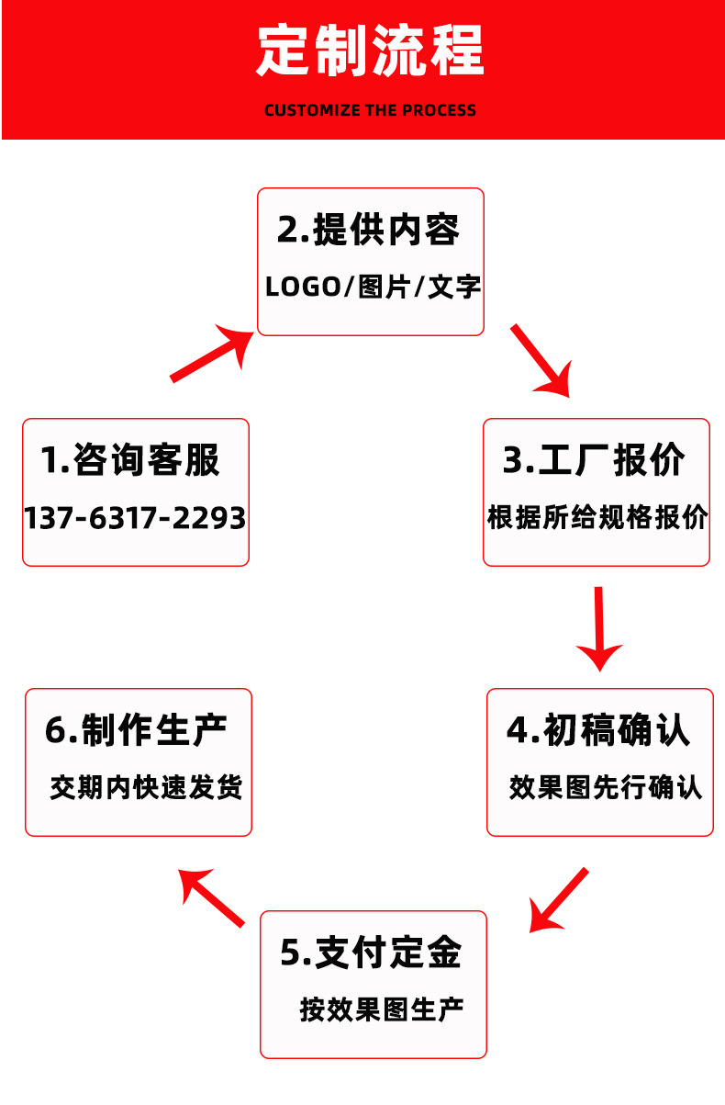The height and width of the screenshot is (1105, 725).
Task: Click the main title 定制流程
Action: pyautogui.click(x=370, y=51)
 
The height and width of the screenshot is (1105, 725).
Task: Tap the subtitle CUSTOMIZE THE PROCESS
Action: pyautogui.click(x=370, y=110)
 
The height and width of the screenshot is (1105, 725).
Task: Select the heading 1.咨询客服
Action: pyautogui.click(x=130, y=459)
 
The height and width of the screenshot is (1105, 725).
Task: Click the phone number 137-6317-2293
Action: pyautogui.click(x=135, y=518)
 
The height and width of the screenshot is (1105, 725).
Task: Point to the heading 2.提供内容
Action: pyautogui.click(x=368, y=230)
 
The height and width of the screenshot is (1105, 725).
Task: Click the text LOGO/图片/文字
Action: pyautogui.click(x=373, y=287)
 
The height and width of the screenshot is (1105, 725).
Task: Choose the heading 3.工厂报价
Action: pyautogui.click(x=594, y=460)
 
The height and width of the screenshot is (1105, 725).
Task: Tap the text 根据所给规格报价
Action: pyautogui.click(x=597, y=517)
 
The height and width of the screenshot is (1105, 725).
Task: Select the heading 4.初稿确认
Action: pyautogui.click(x=598, y=730)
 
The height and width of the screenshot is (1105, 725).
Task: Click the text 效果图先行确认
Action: pyautogui.click(x=605, y=788)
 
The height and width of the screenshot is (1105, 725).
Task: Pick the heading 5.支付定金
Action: pyautogui.click(x=371, y=953)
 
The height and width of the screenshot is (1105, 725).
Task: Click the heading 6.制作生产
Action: pyautogui.click(x=136, y=730)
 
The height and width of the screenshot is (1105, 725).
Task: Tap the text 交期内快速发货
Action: pyautogui.click(x=146, y=787)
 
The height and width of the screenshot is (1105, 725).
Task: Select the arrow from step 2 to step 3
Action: pyautogui.click(x=541, y=361)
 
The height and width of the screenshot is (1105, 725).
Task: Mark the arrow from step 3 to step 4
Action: pyautogui.click(x=599, y=630)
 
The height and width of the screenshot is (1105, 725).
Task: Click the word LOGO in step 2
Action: pyautogui.click(x=303, y=287)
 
